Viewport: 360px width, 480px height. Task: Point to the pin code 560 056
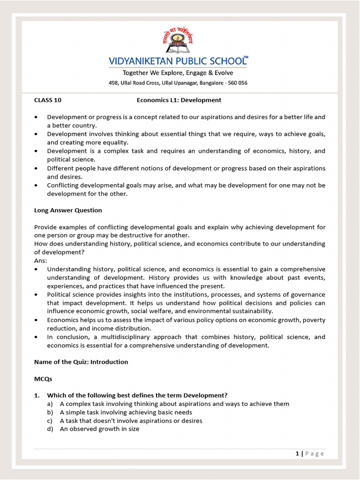pos(237,83)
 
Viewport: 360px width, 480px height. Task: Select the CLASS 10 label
pos(48,100)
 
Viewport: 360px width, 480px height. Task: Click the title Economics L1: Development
pos(179,100)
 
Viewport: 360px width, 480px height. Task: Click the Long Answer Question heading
pos(68,210)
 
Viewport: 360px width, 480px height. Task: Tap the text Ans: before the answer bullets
pos(41,261)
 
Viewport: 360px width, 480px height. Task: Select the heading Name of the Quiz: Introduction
pos(81,362)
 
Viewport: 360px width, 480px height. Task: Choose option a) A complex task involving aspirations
pos(174,404)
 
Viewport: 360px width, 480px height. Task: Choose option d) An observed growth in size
pos(99,429)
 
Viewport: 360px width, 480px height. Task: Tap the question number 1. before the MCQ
pos(37,395)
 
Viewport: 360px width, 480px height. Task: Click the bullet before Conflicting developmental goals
pos(37,185)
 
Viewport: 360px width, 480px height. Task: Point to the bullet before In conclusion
pos(37,337)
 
